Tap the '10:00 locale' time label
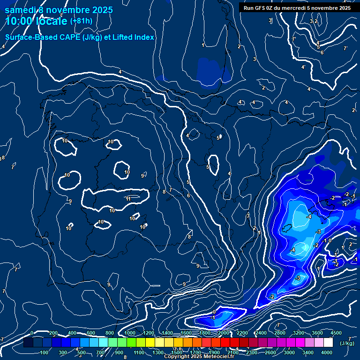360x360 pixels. coord(37,21)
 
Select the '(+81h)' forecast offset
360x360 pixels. coord(81,21)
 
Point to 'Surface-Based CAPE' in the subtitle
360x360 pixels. coord(43,37)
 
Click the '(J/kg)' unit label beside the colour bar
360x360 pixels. coord(346,343)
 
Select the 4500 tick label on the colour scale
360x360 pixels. coord(336,333)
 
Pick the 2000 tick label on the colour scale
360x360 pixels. coord(223,333)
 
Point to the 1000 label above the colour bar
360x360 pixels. coord(130,333)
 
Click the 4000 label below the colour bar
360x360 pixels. coord(327,352)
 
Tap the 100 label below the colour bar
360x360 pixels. coord(45,352)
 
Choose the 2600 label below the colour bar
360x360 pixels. coord(270,352)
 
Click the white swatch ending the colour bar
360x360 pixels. coord(328,343)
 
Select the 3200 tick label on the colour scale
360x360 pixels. coord(299,333)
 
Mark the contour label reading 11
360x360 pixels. coord(128,199)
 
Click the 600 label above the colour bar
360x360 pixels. coord(91,333)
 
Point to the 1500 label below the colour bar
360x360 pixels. coord(176,352)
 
